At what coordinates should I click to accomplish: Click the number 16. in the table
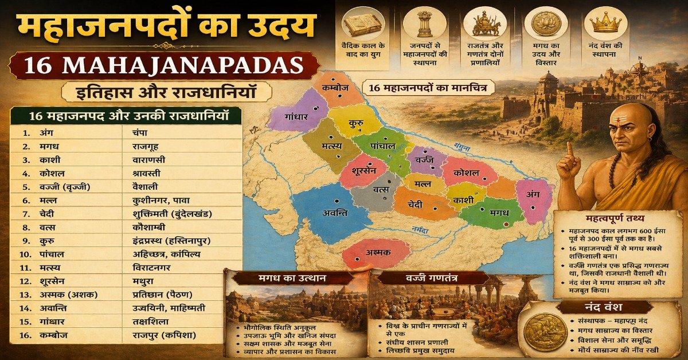click(x=24, y=335)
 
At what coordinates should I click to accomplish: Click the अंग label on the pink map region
click(x=534, y=194)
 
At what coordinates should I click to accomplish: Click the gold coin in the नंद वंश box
click(x=545, y=332)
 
